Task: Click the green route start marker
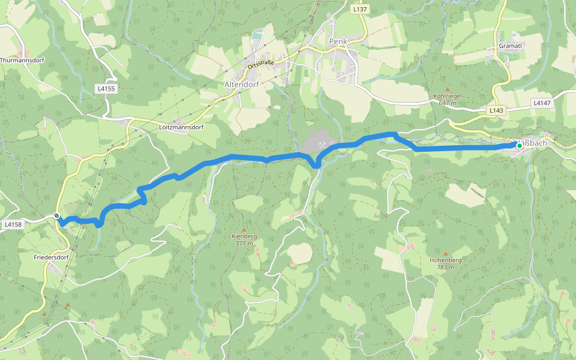click(520, 145)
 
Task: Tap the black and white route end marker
click(57, 216)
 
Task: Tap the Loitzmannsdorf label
click(181, 128)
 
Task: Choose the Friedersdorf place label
click(52, 257)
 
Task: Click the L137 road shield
click(359, 10)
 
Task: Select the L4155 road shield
click(106, 88)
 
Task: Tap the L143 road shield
click(496, 110)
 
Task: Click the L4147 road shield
click(542, 103)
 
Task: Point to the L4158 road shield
click(13, 224)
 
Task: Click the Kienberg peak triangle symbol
click(244, 229)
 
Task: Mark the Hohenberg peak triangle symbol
click(446, 253)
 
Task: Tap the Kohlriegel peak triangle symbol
click(447, 89)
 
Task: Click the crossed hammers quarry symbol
click(322, 144)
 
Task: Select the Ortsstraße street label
click(261, 62)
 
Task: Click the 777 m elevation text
click(244, 244)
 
